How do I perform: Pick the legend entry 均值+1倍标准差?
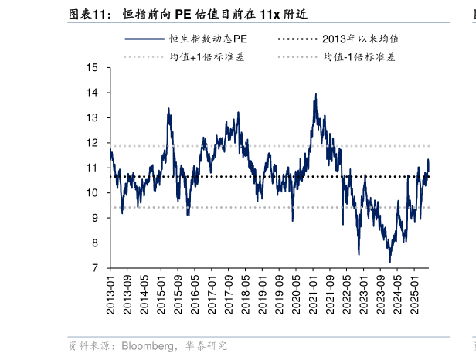point(206,56)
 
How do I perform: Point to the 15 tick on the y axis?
point(92,68)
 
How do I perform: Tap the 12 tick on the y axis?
point(92,143)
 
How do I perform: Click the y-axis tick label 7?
point(95,268)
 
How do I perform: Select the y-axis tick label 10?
point(92,193)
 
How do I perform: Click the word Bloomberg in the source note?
point(147,346)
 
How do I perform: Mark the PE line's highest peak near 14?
point(315,94)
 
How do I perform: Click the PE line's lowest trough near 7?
point(390,262)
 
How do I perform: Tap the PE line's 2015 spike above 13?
point(168,109)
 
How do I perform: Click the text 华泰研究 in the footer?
point(206,346)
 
